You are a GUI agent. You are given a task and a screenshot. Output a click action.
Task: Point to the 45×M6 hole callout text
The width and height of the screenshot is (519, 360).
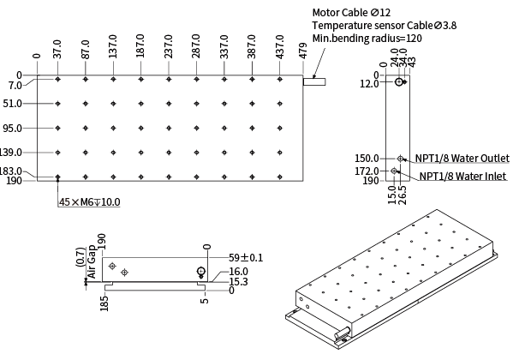point(90,202)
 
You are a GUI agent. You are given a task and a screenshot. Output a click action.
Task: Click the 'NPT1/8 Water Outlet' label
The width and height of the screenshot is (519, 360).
point(462,159)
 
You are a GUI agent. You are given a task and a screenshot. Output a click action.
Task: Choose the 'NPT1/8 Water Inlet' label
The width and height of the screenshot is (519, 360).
point(462,177)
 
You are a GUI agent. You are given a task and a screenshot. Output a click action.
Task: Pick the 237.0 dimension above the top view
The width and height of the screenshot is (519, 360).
point(170,48)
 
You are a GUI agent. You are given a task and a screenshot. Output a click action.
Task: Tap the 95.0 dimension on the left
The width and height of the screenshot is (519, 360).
point(13,129)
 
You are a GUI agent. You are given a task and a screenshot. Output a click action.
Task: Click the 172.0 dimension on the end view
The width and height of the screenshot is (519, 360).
point(368,171)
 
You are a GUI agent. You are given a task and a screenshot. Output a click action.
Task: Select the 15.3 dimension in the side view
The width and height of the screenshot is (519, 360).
point(238,281)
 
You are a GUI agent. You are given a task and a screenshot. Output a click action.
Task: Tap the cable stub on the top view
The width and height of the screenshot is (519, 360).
point(315,82)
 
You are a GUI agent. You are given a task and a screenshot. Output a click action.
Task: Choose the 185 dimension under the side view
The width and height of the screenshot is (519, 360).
point(104,303)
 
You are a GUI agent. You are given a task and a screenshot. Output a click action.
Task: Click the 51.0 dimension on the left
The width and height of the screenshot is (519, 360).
point(13,104)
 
